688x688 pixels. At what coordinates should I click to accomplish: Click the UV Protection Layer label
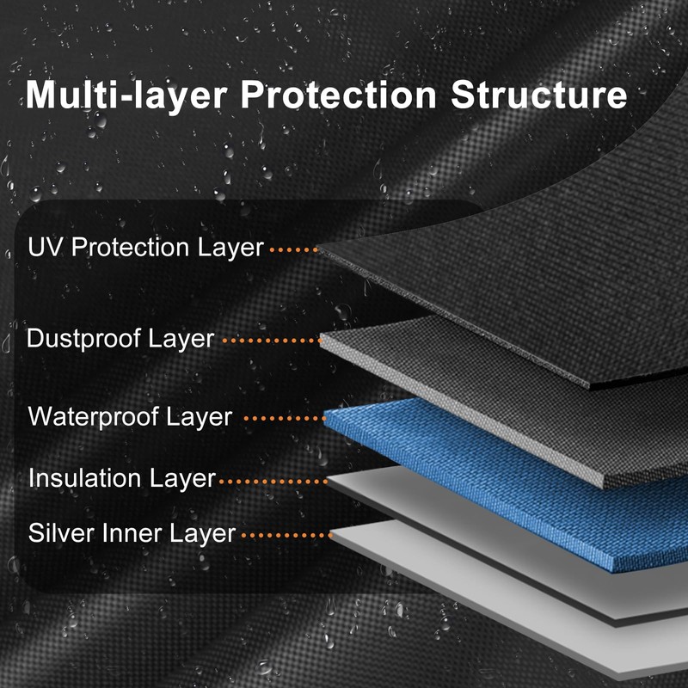pos(145,248)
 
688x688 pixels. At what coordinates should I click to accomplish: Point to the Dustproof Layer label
pos(120,339)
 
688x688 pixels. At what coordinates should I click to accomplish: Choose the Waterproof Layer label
pos(130,417)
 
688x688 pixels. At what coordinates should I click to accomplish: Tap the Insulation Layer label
pos(121,478)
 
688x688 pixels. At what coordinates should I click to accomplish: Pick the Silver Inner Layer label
pos(132,533)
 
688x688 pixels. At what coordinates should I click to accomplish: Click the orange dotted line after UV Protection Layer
pos(294,249)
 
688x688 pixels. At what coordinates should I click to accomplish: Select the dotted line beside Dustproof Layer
pos(272,341)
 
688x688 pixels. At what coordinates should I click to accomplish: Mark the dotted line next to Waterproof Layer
pos(285,419)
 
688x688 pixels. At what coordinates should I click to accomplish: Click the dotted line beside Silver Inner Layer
pos(286,535)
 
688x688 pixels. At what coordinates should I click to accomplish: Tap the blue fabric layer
pos(482,482)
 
